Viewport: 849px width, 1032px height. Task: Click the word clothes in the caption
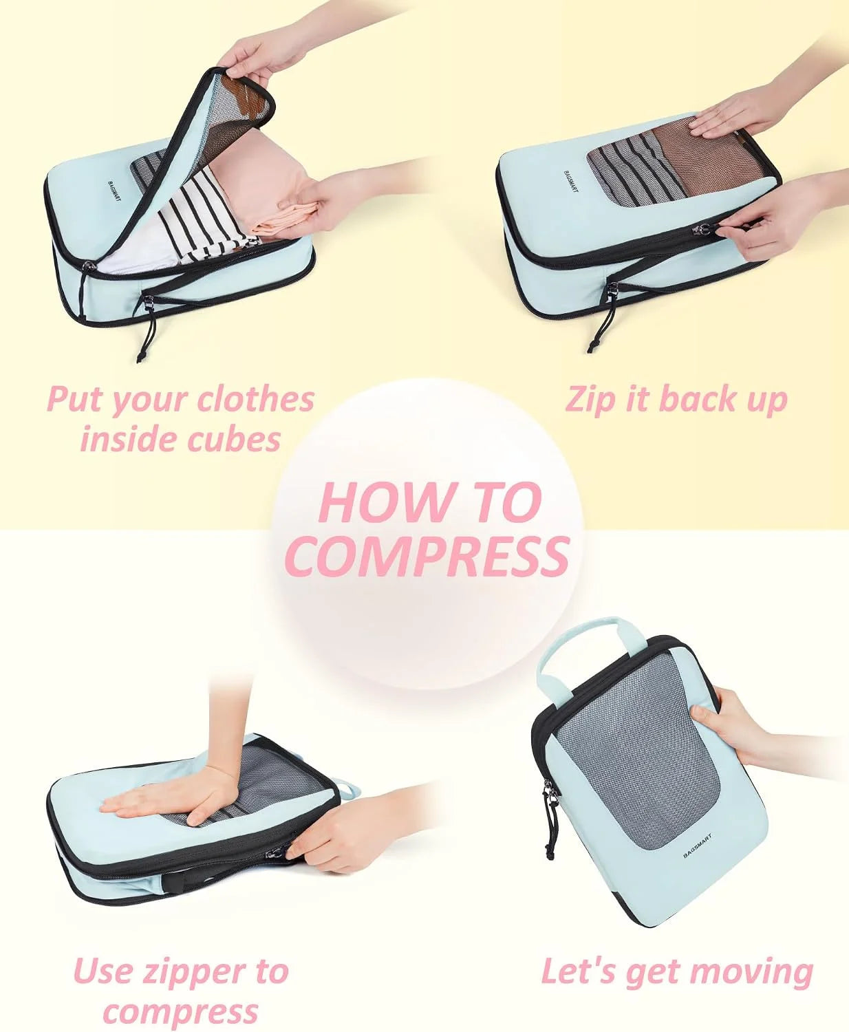click(x=255, y=399)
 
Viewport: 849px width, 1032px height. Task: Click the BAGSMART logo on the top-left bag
click(x=114, y=192)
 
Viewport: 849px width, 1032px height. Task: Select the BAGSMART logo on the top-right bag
click(x=570, y=182)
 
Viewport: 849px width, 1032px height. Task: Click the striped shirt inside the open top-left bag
click(x=206, y=220)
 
